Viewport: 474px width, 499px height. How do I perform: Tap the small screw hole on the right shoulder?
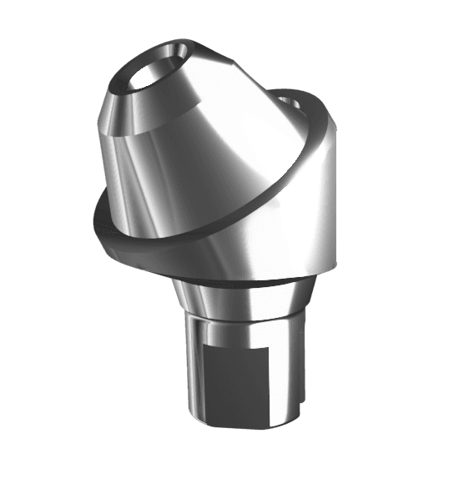pyautogui.click(x=291, y=103)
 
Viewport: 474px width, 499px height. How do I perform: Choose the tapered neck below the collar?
pyautogui.click(x=242, y=296)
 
